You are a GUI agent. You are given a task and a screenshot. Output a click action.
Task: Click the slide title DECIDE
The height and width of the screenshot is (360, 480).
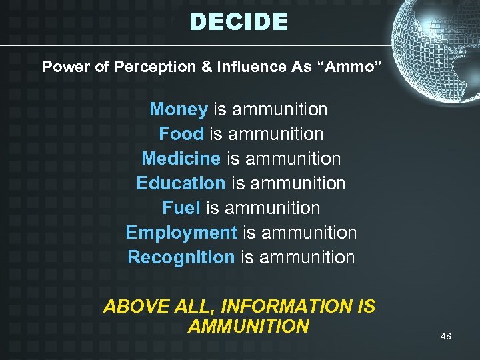(239, 22)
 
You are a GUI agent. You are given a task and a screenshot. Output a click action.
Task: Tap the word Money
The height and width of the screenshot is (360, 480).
(179, 109)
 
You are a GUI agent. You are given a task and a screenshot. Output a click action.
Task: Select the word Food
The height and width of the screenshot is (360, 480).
(181, 134)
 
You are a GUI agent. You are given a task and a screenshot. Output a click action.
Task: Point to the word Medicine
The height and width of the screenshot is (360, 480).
(181, 159)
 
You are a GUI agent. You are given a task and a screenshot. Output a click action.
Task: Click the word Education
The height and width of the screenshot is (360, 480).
(181, 183)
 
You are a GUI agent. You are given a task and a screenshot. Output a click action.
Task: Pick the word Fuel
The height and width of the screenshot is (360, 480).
(181, 208)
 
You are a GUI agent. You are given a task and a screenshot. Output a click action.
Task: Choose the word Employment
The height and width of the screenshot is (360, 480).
(181, 233)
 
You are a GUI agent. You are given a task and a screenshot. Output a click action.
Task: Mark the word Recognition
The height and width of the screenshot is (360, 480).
(181, 257)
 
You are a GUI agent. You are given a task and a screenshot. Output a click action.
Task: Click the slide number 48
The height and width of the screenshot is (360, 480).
(446, 336)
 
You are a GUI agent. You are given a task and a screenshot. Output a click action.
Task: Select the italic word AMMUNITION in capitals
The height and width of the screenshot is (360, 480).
(249, 326)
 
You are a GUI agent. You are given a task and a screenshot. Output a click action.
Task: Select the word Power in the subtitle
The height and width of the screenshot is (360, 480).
(63, 67)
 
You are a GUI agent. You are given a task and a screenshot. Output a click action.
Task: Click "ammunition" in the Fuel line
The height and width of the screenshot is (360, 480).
(273, 208)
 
